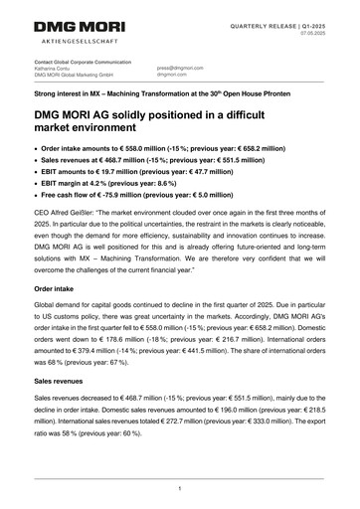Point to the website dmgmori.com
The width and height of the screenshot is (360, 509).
click(x=173, y=76)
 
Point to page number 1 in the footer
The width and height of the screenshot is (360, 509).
click(x=179, y=488)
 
